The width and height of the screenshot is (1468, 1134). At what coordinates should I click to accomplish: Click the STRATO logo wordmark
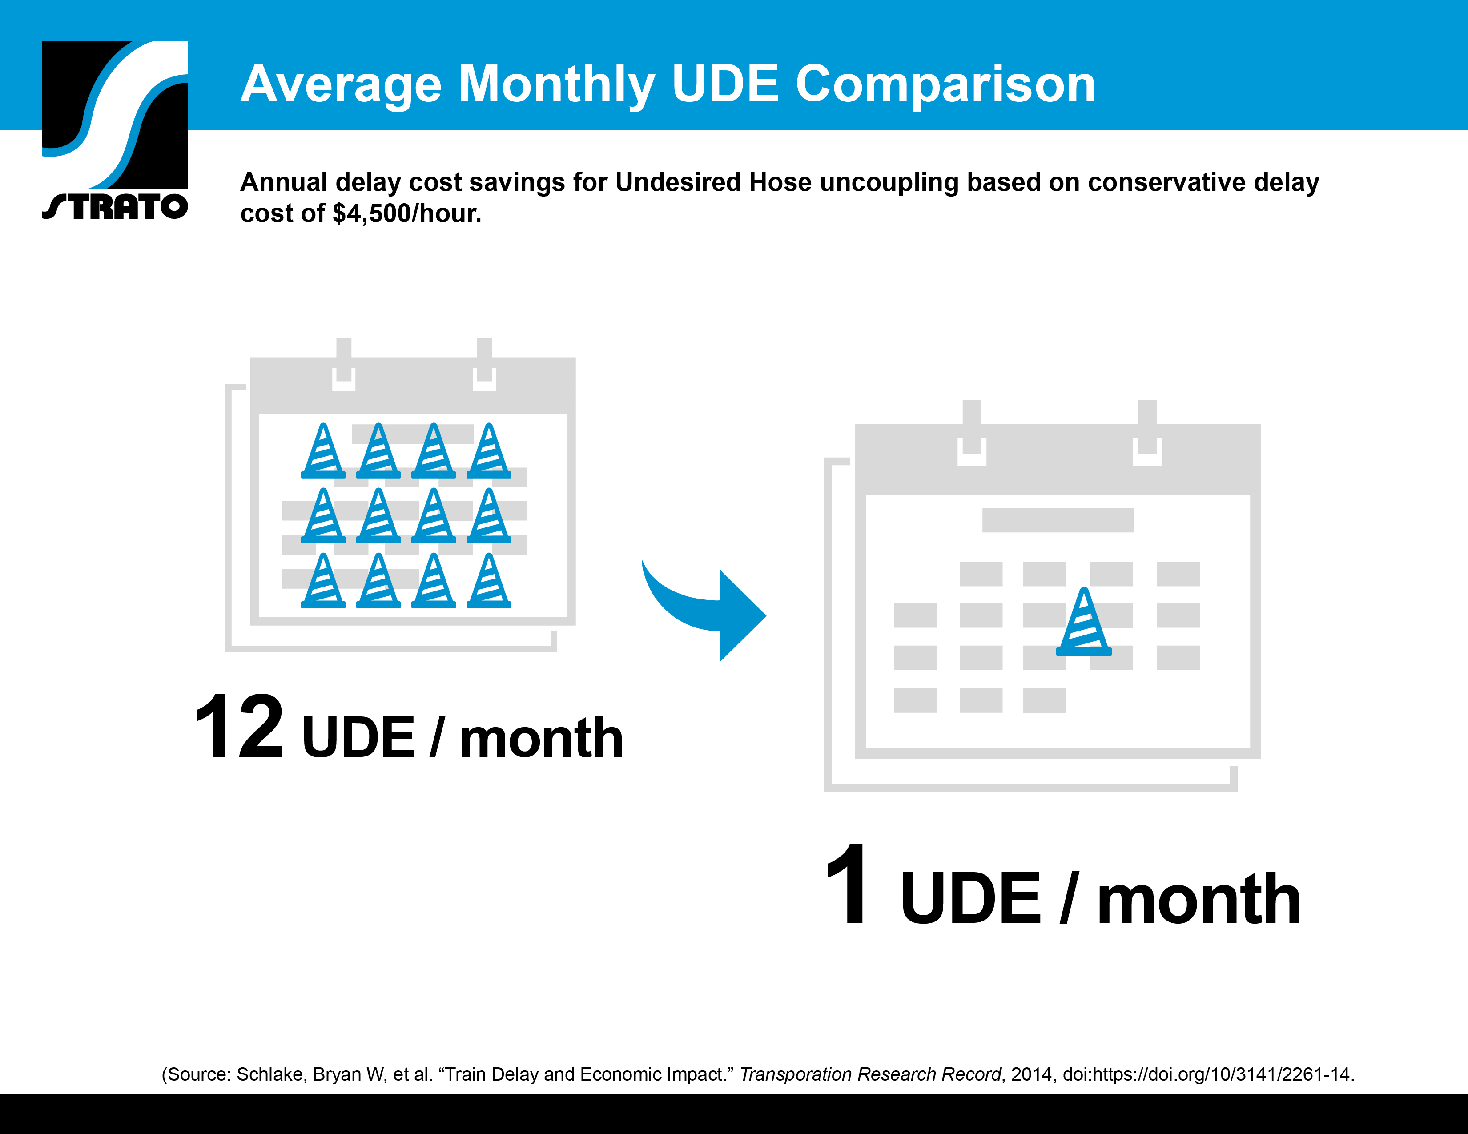[115, 206]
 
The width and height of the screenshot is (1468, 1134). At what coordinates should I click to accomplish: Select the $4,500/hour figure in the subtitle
[406, 214]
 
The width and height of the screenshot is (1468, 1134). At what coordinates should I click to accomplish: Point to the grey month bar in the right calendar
[1058, 519]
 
